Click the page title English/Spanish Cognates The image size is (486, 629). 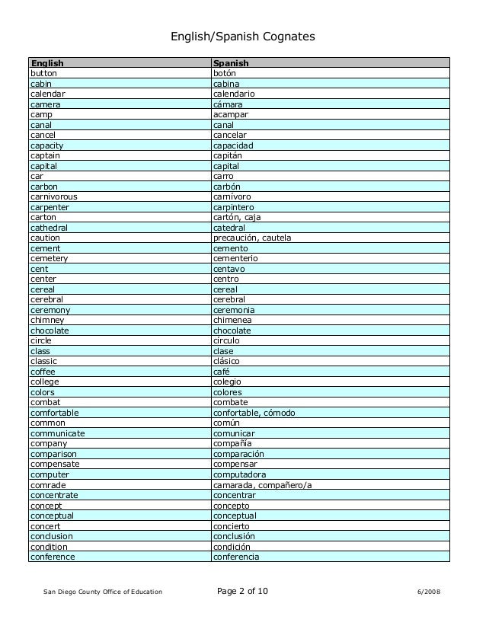point(242,37)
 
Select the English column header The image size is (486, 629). point(46,63)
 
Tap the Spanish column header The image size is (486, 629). point(231,63)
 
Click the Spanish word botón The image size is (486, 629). point(225,73)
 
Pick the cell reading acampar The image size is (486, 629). point(231,114)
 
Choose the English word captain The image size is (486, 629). point(45,155)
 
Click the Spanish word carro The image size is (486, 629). point(223,176)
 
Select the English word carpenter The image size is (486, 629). point(50,207)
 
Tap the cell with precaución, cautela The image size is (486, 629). point(252,238)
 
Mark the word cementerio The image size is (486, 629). point(235,258)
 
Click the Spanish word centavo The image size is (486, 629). point(229,269)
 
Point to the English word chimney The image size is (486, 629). point(46,320)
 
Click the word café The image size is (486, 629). point(221,372)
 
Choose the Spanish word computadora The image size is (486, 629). point(239,474)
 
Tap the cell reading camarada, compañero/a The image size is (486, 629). point(262,485)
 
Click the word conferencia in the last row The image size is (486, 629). point(236,557)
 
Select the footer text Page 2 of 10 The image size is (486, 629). point(242,592)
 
